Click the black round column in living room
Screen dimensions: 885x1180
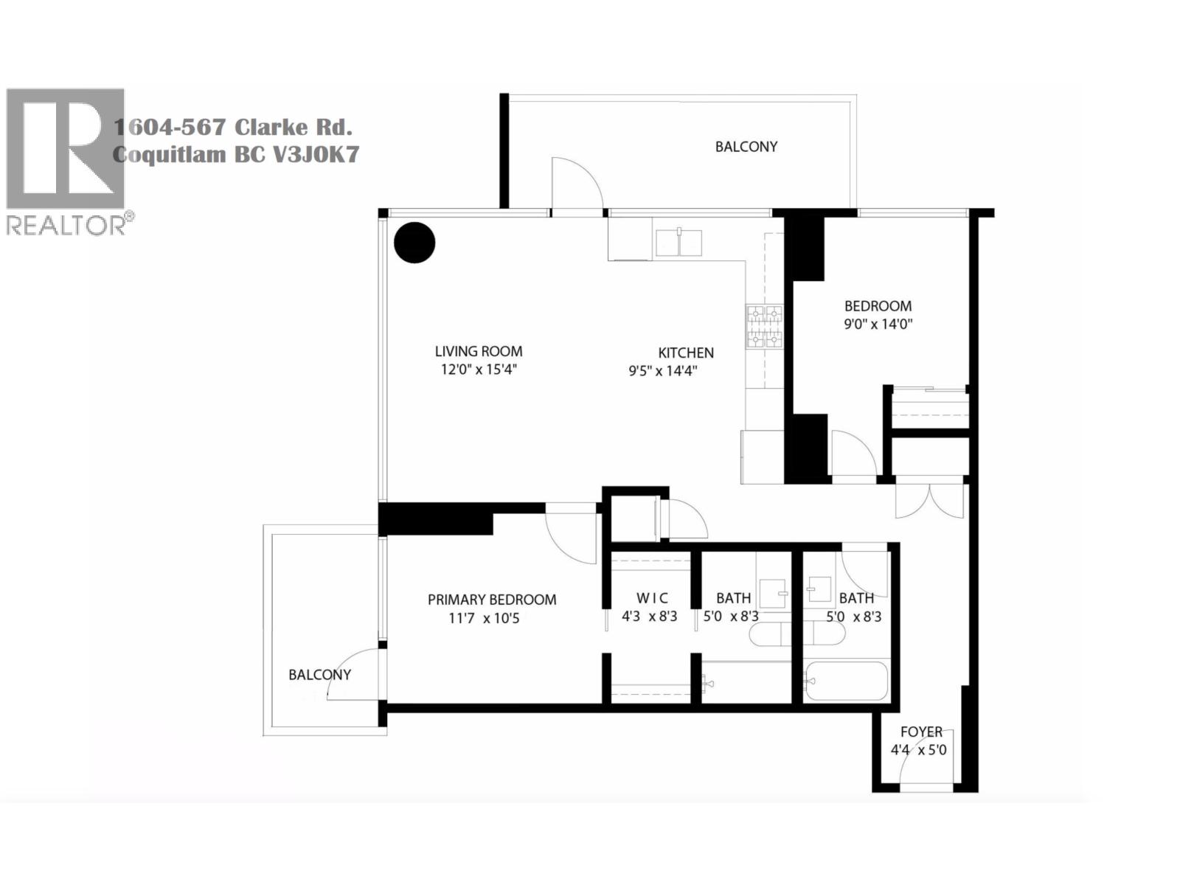click(x=414, y=243)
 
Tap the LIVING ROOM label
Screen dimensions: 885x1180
click(x=478, y=352)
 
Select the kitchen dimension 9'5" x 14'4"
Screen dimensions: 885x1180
click(x=662, y=371)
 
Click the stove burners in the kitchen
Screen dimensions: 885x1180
click(x=763, y=327)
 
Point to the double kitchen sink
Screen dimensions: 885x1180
click(x=678, y=243)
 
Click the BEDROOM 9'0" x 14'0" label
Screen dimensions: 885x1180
click(x=878, y=306)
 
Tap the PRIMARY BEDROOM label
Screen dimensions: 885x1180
click(x=492, y=600)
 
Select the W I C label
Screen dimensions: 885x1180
click(x=652, y=598)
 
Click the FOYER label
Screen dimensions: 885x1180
click(x=921, y=732)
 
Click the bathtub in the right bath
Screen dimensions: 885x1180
click(x=846, y=681)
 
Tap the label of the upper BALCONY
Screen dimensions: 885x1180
click(x=746, y=147)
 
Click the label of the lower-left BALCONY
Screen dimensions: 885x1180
click(x=319, y=675)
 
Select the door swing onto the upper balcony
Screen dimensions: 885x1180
click(x=577, y=184)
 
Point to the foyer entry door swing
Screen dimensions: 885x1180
click(x=926, y=760)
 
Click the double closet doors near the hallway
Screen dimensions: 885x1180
click(x=929, y=500)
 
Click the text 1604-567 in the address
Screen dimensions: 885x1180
click(x=169, y=128)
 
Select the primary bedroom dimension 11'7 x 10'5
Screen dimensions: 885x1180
click(x=484, y=619)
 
